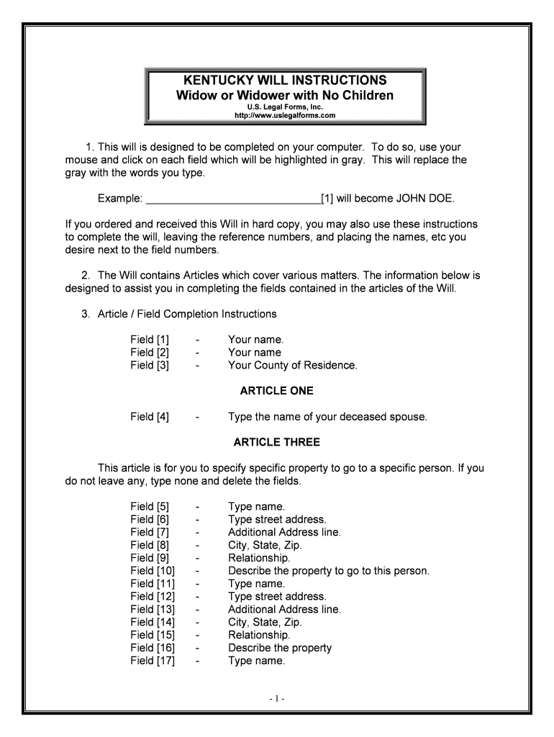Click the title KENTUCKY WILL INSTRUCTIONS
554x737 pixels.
pos(286,80)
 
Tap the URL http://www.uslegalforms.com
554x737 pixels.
pos(286,115)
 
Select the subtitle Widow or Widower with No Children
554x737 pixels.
pos(286,96)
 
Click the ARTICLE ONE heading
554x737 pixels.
pos(276,391)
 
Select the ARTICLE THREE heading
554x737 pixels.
pos(276,442)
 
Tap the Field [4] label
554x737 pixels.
pos(150,417)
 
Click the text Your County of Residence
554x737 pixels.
pos(292,365)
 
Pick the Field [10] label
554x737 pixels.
pos(153,571)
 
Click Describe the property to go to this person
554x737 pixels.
pos(328,571)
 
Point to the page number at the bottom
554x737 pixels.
pos(278,698)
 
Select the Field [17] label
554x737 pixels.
pos(153,661)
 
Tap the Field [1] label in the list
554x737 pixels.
pos(150,339)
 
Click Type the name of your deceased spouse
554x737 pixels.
pos(327,417)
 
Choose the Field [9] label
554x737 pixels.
pos(150,558)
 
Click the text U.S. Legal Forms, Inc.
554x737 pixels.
pos(286,107)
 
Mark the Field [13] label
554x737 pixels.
pos(153,609)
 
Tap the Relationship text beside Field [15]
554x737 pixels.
pos(259,635)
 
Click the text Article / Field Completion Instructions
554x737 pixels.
pos(187,314)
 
